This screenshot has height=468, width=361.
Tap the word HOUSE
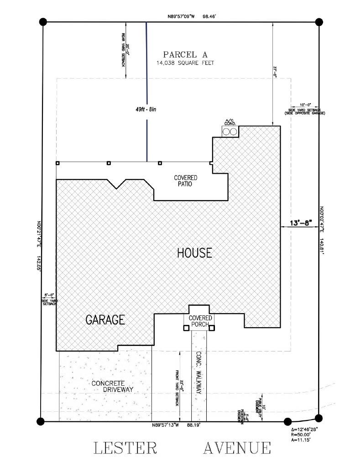(x=194, y=253)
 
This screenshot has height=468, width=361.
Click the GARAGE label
(x=105, y=320)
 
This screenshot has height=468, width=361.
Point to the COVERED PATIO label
(x=185, y=181)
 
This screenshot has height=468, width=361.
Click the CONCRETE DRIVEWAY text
(x=112, y=386)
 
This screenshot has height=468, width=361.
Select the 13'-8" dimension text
(x=300, y=223)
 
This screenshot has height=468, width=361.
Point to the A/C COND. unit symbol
(x=229, y=131)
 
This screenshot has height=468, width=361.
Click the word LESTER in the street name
(x=126, y=448)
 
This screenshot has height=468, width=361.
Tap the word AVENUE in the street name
(x=237, y=448)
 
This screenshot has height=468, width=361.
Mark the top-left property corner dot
(x=43, y=21)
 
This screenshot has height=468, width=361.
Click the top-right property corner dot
(x=319, y=21)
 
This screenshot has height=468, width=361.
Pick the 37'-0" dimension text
(x=275, y=72)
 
